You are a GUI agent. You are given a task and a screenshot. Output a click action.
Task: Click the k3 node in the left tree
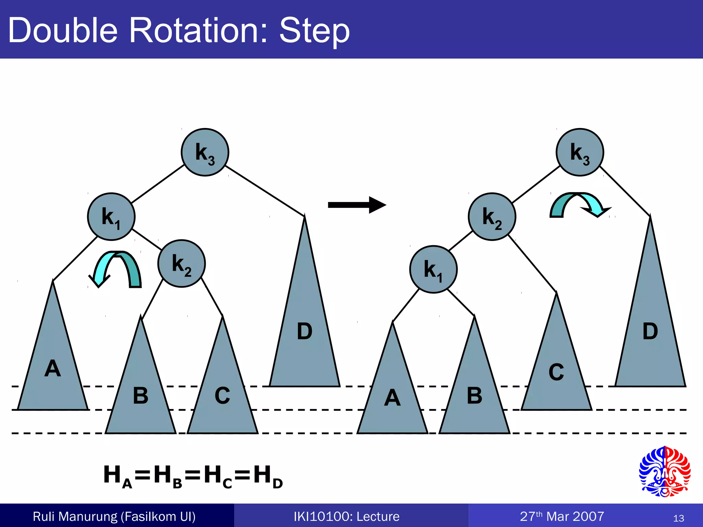click(205, 152)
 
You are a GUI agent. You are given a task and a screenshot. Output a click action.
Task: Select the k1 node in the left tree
click(111, 216)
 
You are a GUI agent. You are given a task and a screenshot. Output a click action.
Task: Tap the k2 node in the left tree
click(182, 263)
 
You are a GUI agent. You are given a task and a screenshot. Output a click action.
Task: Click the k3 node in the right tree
click(580, 152)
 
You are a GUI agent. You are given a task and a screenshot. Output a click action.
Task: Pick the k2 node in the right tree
click(492, 216)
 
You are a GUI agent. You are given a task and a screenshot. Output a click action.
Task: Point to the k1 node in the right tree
click(433, 269)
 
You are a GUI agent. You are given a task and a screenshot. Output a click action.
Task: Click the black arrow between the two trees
click(357, 205)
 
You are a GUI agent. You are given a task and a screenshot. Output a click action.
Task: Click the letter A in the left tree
click(53, 368)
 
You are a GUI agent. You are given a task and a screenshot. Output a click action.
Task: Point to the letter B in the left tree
click(140, 396)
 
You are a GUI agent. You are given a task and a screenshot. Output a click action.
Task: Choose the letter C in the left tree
click(222, 396)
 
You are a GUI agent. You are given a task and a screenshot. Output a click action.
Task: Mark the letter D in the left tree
click(304, 331)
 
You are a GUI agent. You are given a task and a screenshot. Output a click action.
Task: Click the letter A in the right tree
click(392, 398)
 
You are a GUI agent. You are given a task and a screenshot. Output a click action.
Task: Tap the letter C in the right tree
click(556, 372)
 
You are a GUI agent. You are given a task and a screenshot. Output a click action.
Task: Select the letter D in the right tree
click(650, 331)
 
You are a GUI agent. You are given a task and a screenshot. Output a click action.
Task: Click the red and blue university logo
click(665, 471)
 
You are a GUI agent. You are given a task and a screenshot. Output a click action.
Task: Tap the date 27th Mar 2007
click(562, 516)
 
